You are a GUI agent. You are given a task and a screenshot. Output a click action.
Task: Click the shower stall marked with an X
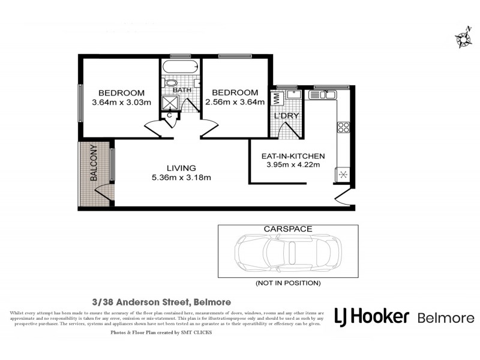coord(171,101)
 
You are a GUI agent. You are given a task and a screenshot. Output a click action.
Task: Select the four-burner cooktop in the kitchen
coord(344,127)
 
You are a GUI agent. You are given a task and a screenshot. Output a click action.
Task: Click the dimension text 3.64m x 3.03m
coord(121,102)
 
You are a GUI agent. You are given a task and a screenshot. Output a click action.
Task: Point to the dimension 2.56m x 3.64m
coord(235,102)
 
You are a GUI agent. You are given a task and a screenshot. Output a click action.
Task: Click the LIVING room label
coord(181,168)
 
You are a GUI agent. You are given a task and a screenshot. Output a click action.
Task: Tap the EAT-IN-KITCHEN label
coord(293,155)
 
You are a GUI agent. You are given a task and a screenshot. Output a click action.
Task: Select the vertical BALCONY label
coord(94,163)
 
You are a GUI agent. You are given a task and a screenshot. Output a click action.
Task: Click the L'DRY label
coord(286,115)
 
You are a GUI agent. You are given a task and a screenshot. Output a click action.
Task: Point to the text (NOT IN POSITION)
coord(288,283)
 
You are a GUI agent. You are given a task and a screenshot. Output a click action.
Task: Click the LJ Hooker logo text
coord(371,317)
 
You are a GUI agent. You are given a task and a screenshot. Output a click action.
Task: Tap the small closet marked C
coord(170,115)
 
